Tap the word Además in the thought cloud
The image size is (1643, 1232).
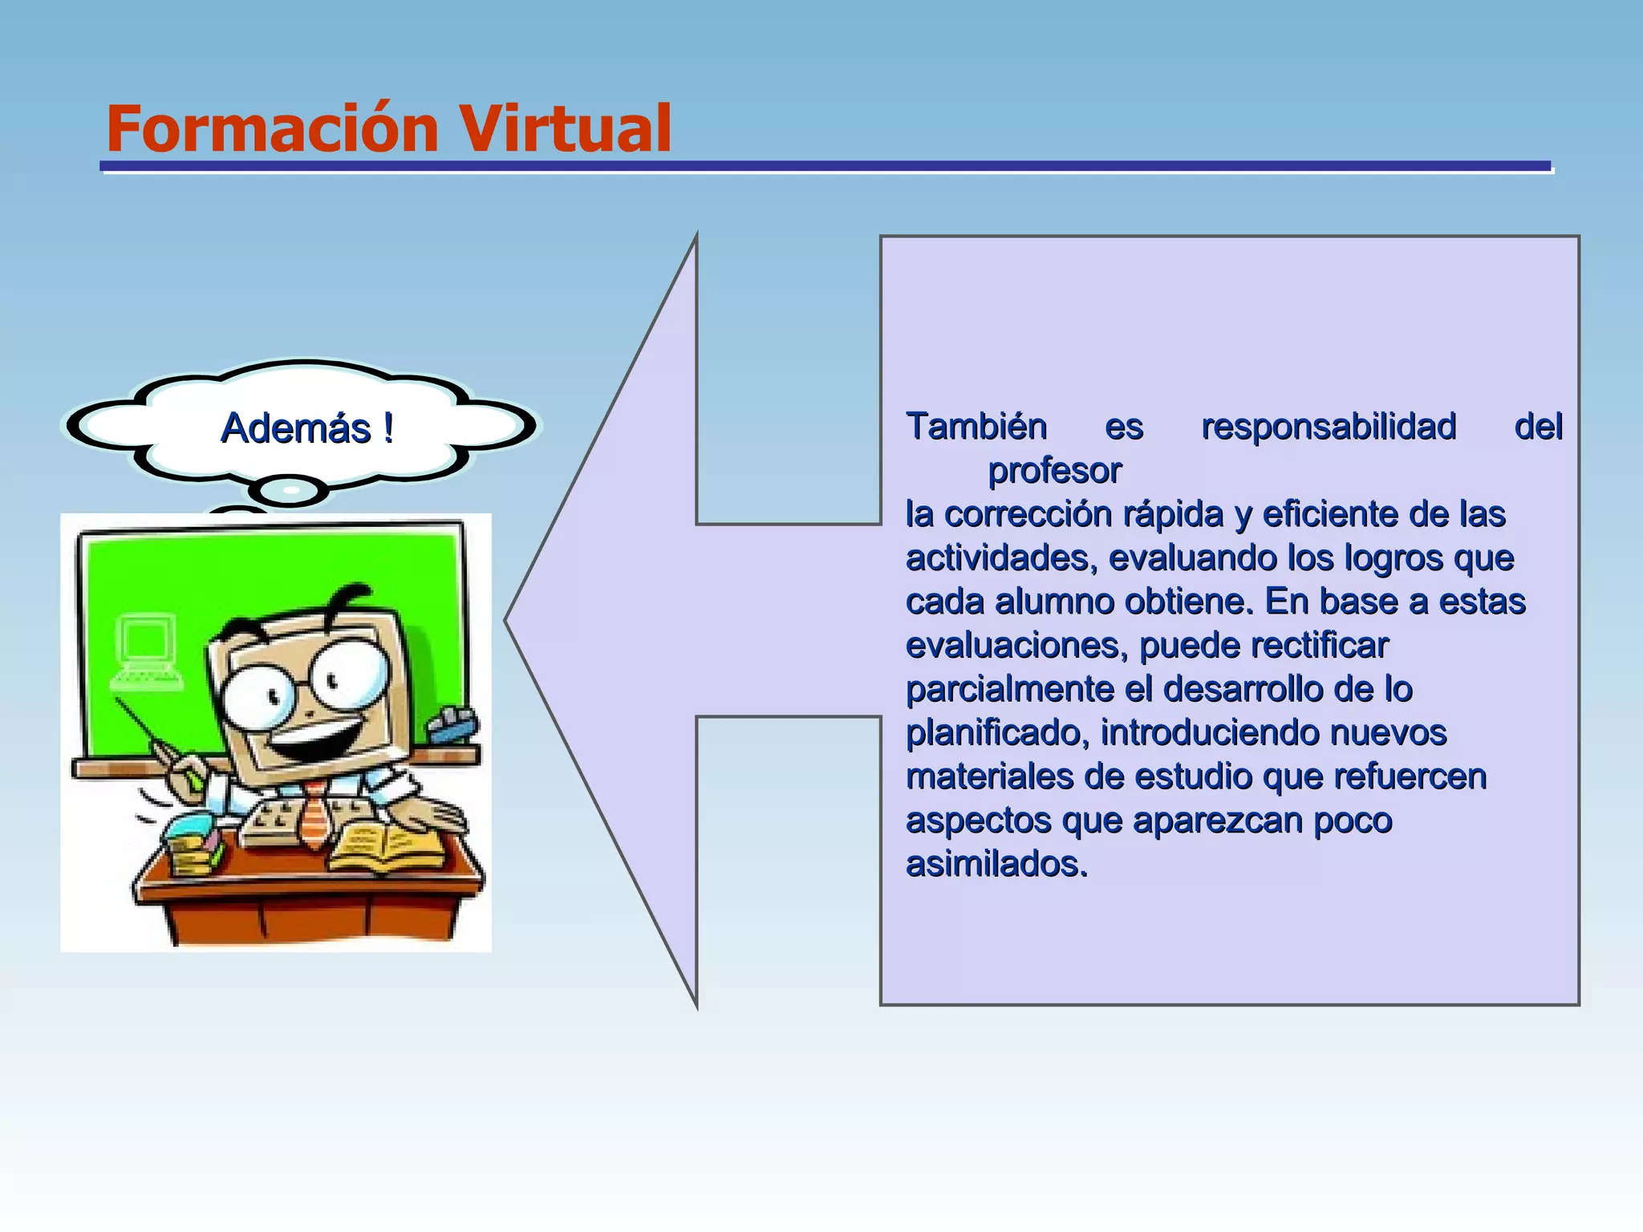(x=295, y=428)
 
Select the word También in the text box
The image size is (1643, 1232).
(x=976, y=426)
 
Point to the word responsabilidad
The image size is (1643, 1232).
(x=1329, y=426)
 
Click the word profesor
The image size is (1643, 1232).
(x=1054, y=470)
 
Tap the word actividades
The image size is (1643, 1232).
(x=1000, y=558)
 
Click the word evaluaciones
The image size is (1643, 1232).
(x=1016, y=646)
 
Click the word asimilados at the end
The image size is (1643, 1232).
(x=996, y=865)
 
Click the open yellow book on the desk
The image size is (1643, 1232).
(x=386, y=850)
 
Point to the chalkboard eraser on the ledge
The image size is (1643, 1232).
(x=453, y=725)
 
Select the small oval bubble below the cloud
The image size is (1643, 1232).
(x=290, y=489)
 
